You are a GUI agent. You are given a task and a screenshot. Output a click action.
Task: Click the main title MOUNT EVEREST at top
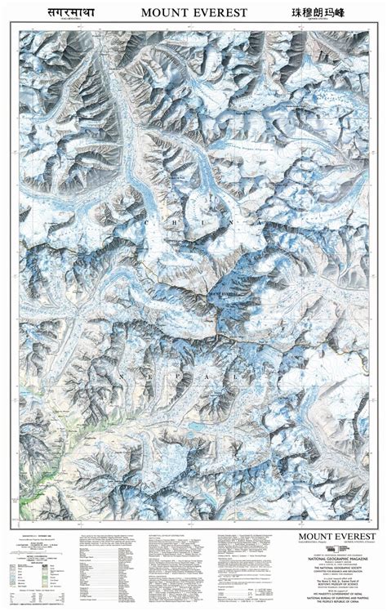pos(193,13)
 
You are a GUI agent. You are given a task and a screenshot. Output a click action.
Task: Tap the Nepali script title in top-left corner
pos(49,12)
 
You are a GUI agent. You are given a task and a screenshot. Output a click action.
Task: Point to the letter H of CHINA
pos(176,221)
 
